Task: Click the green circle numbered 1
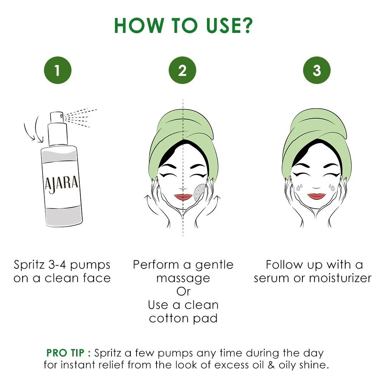point(58,70)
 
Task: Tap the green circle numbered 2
point(182,70)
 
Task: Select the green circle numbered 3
point(317,70)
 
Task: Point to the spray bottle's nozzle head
point(57,116)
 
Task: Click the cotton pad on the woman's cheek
point(200,191)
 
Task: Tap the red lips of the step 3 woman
point(316,196)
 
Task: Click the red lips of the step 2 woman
point(183,197)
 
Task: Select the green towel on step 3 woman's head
point(315,129)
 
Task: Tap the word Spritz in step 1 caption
point(31,265)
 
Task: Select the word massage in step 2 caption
point(183,278)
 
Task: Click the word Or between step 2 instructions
point(183,292)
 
